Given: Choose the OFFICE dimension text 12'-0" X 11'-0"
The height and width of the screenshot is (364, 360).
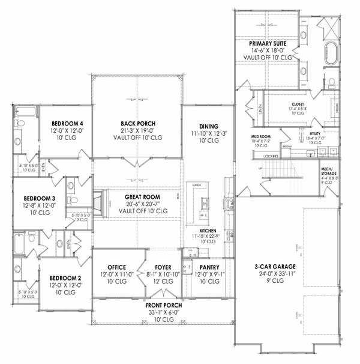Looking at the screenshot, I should pos(116,275).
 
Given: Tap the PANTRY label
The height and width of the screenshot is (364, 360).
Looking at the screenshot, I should pos(208,267).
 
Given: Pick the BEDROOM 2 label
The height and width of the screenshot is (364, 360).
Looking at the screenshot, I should pos(62,278).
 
